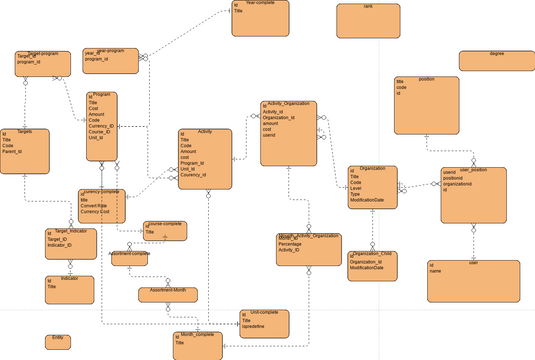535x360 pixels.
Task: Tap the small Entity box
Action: (x=58, y=341)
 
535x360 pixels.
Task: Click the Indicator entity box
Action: (x=69, y=288)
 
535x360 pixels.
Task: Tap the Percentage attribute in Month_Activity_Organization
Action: (x=293, y=243)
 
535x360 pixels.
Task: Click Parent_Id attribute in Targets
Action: (x=14, y=153)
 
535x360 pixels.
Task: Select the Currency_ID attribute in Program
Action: (x=102, y=126)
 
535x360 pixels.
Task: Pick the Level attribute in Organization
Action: (x=356, y=189)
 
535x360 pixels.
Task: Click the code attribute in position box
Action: (x=401, y=87)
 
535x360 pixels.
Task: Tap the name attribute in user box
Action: (x=435, y=270)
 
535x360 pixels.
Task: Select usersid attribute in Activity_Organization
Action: (x=269, y=135)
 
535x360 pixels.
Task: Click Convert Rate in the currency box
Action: (x=95, y=206)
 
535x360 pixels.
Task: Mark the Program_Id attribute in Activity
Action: (x=193, y=163)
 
